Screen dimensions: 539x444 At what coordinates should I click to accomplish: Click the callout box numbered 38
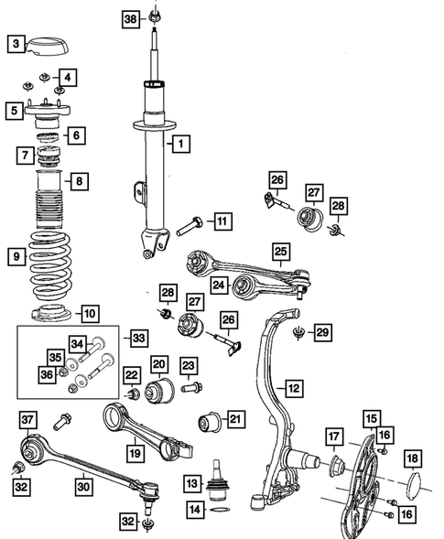tap(131, 18)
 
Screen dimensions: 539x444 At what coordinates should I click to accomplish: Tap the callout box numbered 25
tap(281, 249)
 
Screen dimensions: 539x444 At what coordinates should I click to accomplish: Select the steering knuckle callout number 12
tap(292, 388)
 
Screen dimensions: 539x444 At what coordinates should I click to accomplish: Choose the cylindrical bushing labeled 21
tap(211, 423)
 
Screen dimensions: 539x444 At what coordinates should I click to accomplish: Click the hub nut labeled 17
tap(335, 465)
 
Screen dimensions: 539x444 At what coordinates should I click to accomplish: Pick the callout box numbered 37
tap(27, 420)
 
